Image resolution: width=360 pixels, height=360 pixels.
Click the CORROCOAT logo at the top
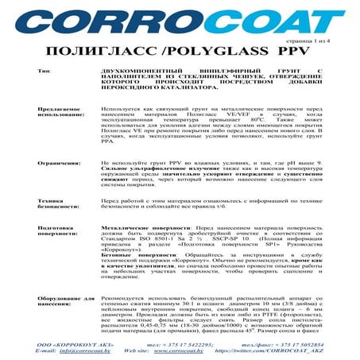tap(180, 21)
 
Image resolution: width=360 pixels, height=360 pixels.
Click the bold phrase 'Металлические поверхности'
tap(147, 227)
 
